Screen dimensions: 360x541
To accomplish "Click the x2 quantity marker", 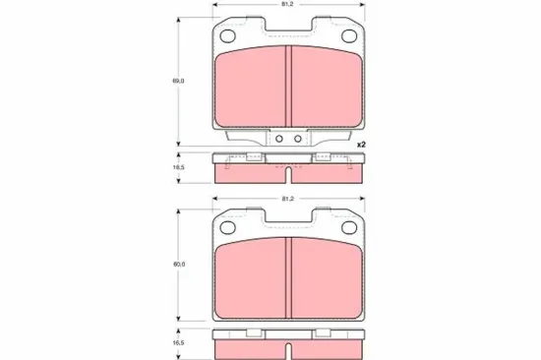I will [361, 145].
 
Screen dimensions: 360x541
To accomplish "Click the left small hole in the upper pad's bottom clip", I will [278, 139].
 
